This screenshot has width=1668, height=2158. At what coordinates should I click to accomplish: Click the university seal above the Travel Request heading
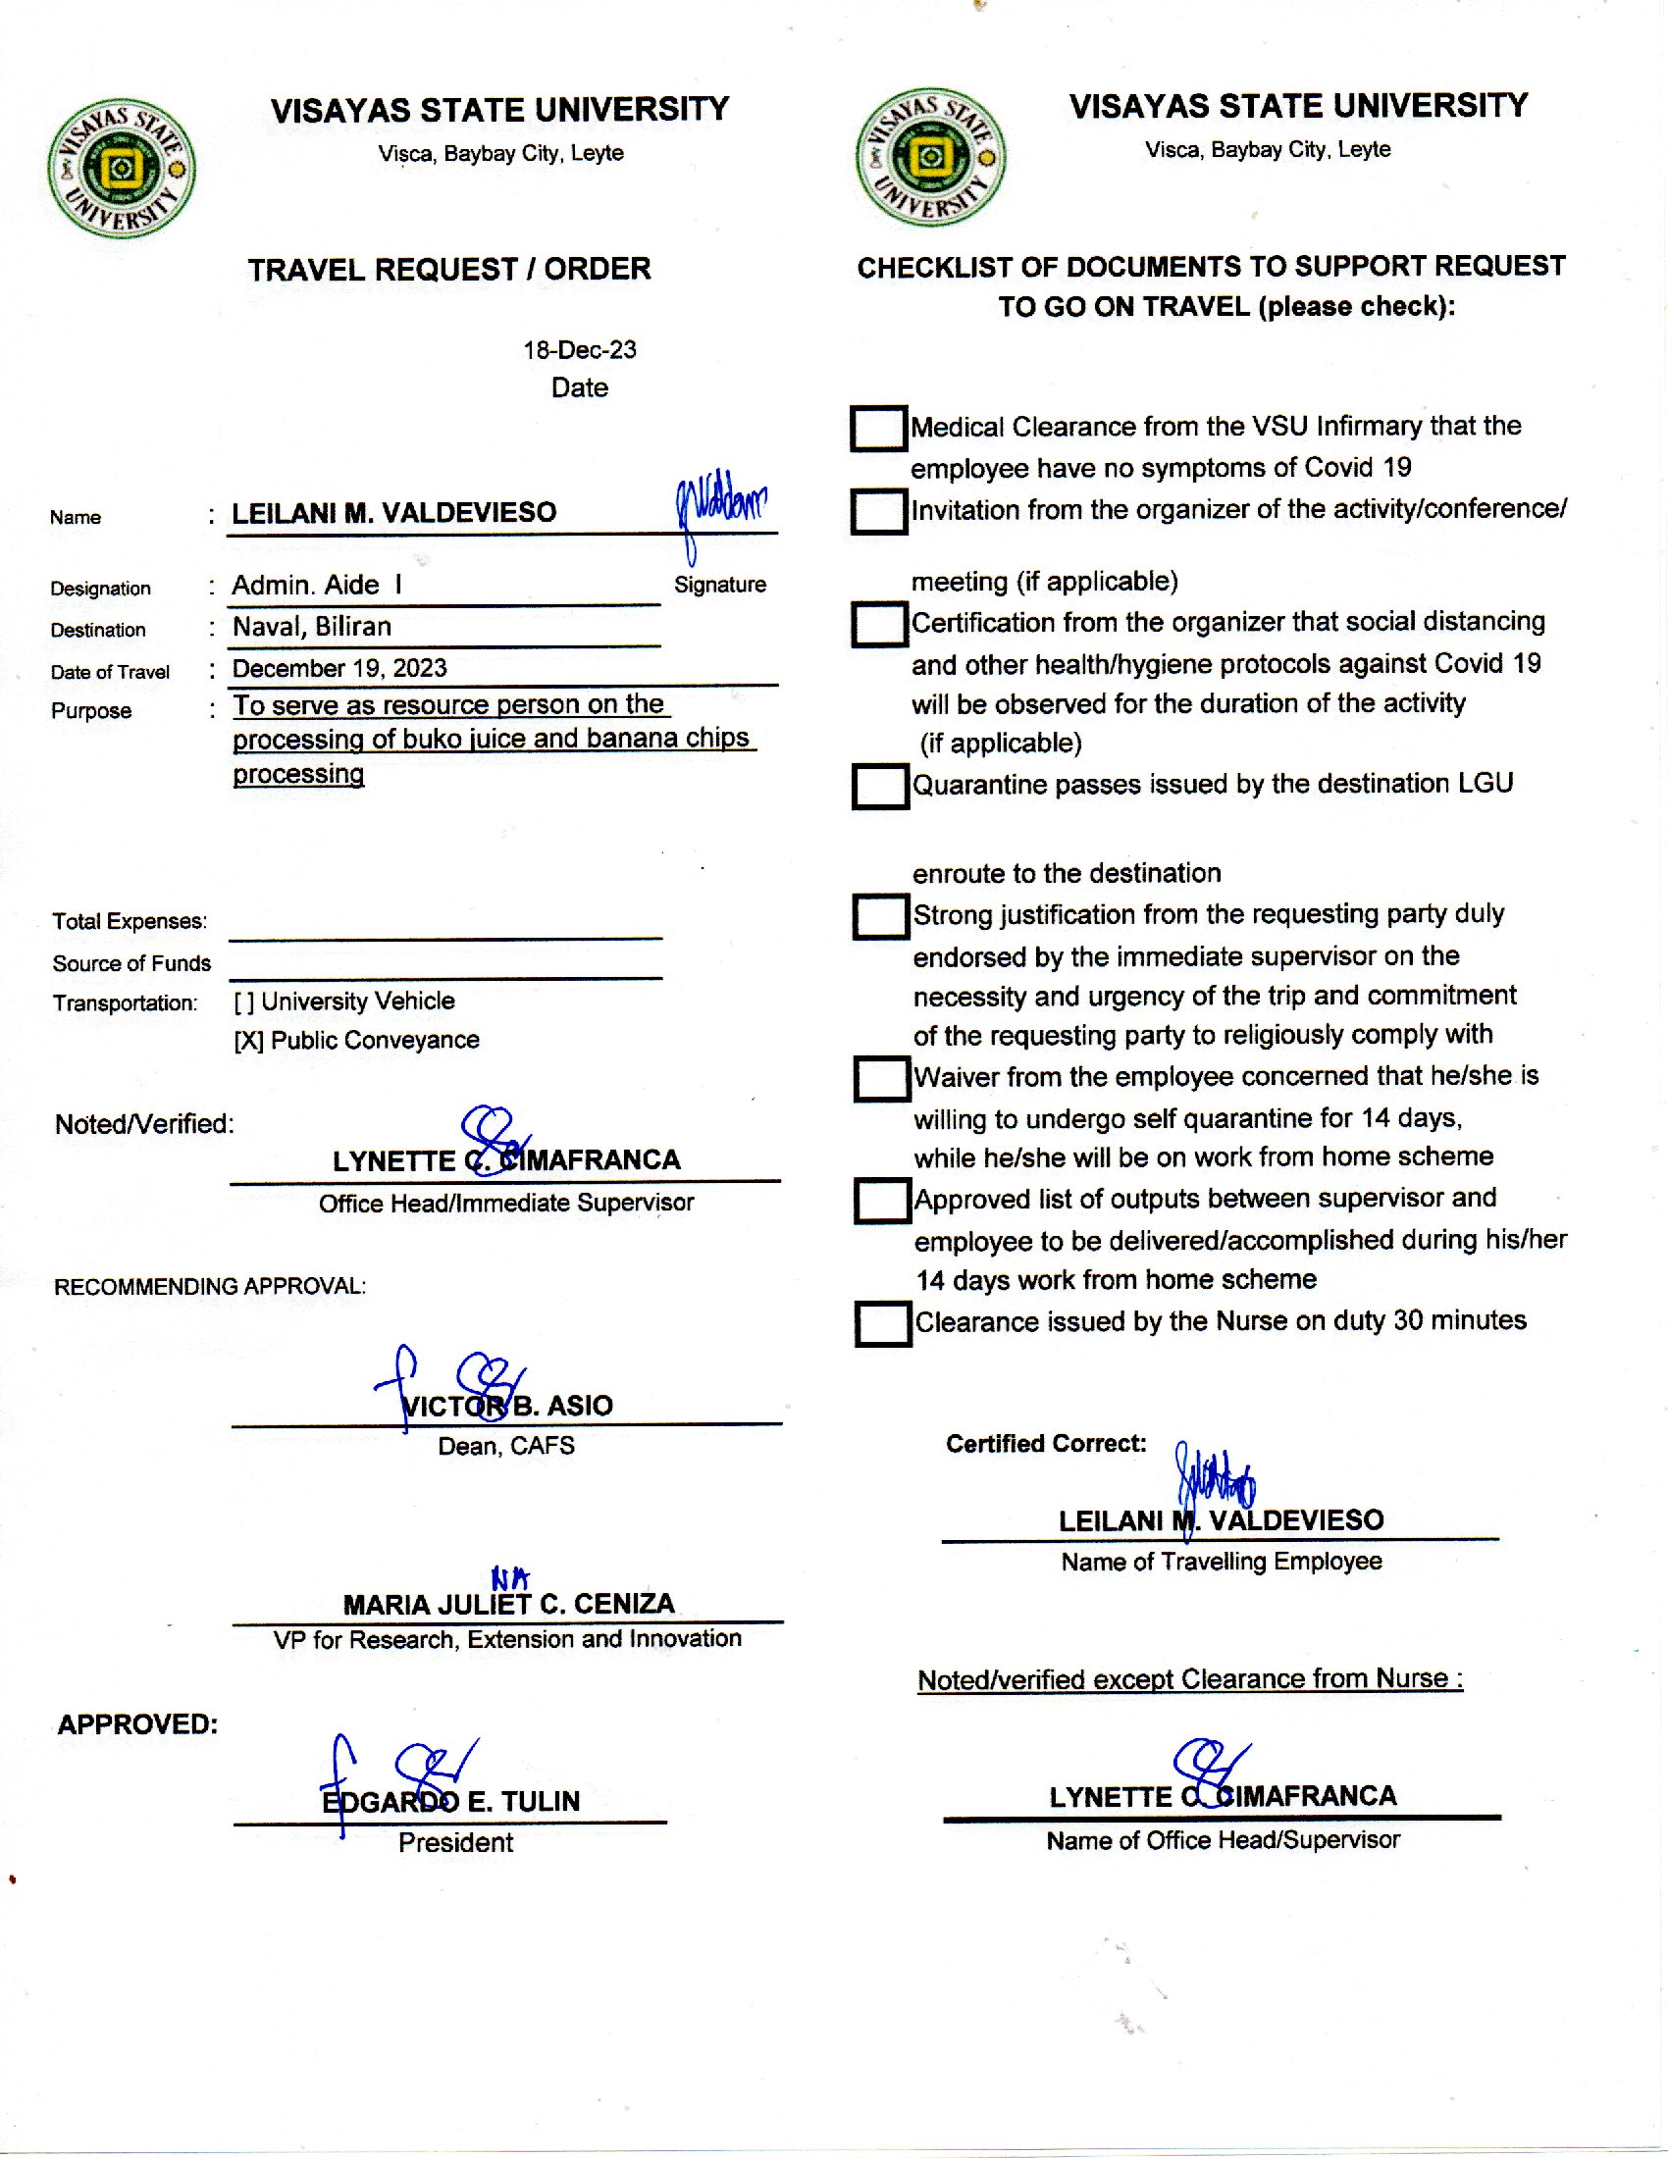pyautogui.click(x=121, y=168)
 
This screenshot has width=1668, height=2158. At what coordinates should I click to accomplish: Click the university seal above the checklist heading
pyautogui.click(x=930, y=157)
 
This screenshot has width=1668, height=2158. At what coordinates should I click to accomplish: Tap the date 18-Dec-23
pyautogui.click(x=579, y=350)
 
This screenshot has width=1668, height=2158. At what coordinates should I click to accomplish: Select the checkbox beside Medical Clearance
pyautogui.click(x=878, y=429)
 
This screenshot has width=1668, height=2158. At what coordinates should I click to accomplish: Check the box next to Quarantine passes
pyautogui.click(x=879, y=787)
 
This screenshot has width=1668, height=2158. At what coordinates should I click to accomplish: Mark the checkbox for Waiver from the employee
pyautogui.click(x=881, y=1079)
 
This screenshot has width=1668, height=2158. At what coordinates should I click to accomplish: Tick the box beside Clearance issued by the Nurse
pyautogui.click(x=882, y=1324)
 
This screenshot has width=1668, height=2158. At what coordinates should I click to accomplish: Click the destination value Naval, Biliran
pyautogui.click(x=311, y=627)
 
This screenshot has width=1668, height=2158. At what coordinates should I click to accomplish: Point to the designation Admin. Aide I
pyautogui.click(x=316, y=585)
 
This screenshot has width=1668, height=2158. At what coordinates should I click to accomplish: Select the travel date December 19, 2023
pyautogui.click(x=339, y=668)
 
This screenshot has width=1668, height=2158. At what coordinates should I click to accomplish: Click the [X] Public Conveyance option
pyautogui.click(x=356, y=1040)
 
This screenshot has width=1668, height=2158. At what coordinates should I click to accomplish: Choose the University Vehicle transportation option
pyautogui.click(x=343, y=1001)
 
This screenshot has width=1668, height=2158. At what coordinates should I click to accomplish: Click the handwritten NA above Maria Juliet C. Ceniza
pyautogui.click(x=510, y=1579)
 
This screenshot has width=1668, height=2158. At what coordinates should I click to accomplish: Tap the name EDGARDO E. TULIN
pyautogui.click(x=450, y=1801)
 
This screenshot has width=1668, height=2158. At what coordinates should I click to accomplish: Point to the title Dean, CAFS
pyautogui.click(x=506, y=1446)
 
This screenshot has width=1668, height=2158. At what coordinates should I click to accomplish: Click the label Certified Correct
pyautogui.click(x=1046, y=1444)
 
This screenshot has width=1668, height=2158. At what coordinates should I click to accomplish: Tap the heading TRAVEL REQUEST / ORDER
pyautogui.click(x=448, y=269)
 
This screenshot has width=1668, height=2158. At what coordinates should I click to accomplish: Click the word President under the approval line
pyautogui.click(x=455, y=1842)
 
